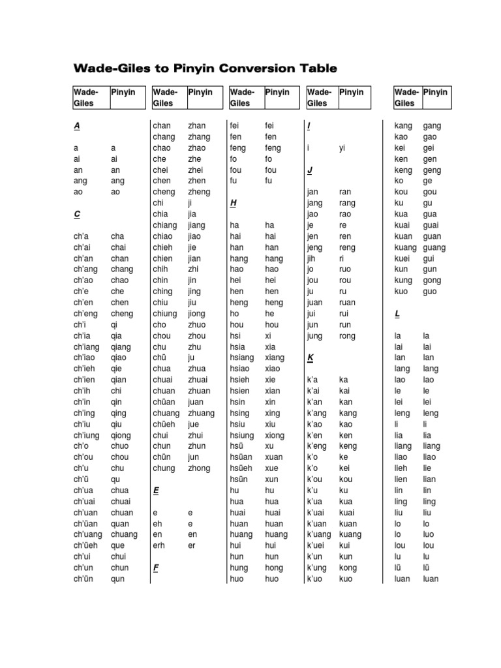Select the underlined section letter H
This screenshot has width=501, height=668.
pos(233,203)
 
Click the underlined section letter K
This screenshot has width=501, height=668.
pos(310,358)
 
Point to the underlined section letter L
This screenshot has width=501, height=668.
pos(397,314)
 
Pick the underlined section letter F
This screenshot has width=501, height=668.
pos(156,568)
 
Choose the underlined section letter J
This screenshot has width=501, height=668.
pos(310,170)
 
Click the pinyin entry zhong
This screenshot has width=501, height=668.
pos(200,468)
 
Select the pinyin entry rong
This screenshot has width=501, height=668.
pos(347,336)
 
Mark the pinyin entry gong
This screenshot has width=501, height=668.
pos(432,281)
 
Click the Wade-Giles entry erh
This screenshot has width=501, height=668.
pos(159,545)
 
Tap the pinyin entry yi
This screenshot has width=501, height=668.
pos(342,148)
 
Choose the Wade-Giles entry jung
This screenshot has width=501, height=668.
pos(316,336)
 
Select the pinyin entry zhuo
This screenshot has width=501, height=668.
pos(196,325)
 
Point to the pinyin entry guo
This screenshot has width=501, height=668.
pos(430,292)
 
